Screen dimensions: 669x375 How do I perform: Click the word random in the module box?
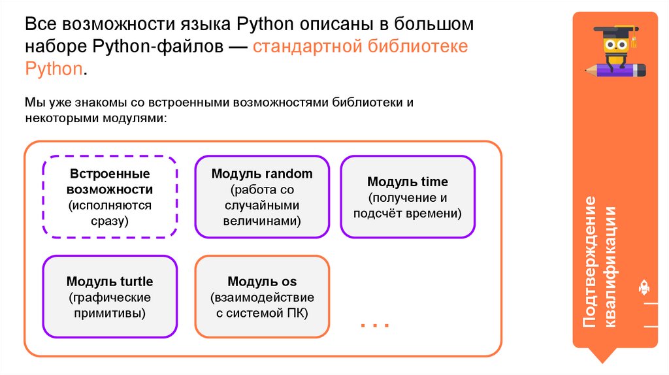click(289, 174)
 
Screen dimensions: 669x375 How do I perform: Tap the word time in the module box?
click(435, 182)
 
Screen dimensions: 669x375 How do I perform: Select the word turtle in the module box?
click(136, 282)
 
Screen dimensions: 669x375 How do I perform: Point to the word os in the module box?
click(289, 282)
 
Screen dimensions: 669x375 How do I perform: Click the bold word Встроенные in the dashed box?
click(110, 174)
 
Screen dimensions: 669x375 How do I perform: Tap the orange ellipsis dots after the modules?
click(375, 324)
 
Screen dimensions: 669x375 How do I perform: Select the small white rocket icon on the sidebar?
click(643, 287)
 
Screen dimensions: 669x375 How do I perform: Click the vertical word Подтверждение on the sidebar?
click(590, 262)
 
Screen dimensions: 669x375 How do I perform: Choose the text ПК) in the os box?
click(297, 313)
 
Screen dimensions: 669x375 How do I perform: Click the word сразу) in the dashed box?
click(110, 221)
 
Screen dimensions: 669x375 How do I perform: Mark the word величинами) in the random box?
click(262, 221)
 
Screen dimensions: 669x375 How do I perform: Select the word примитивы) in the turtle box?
click(110, 313)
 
